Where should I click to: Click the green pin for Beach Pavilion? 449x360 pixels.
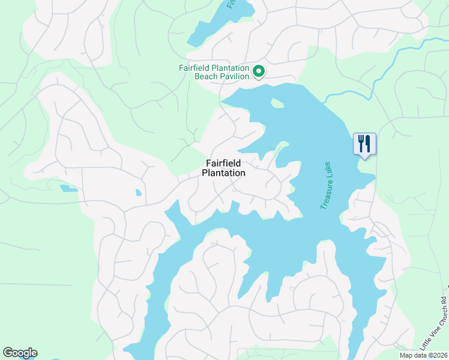coord(259,71)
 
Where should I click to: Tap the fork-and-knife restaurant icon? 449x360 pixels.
coord(364,143)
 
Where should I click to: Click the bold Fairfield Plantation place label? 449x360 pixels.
coord(223,168)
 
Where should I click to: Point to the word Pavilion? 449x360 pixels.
coord(234,76)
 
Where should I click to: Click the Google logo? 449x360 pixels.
coord(20,353)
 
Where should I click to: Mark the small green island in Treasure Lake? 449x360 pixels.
coord(277,103)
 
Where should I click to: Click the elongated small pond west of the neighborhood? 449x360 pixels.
coord(68,188)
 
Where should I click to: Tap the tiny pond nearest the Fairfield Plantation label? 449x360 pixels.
coord(139,193)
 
